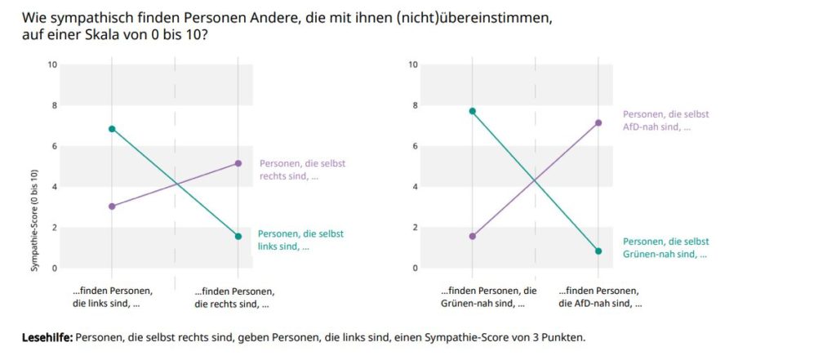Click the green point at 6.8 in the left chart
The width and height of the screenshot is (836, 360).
point(112,129)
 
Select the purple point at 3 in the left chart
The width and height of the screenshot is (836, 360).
point(112,207)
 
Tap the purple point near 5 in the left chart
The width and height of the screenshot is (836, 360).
point(238,163)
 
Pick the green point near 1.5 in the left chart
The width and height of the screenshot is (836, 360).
point(238,237)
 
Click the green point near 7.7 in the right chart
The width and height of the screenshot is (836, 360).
point(472,111)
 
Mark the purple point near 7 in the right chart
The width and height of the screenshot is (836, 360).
point(598,123)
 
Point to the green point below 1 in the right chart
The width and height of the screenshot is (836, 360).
point(598,251)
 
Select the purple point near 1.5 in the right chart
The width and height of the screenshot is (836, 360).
point(472,237)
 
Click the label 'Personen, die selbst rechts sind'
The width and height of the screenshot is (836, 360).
point(292,170)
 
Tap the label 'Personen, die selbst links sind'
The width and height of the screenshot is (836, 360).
point(291,240)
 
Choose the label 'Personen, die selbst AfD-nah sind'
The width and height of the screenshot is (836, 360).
point(665,121)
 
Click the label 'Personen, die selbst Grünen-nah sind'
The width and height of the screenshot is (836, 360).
point(665,248)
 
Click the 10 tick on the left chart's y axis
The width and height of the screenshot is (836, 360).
point(54,64)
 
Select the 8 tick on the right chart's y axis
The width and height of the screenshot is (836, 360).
point(414,105)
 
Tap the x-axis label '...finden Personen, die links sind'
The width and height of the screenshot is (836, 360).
point(112,298)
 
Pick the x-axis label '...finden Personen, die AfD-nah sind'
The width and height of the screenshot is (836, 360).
point(600,298)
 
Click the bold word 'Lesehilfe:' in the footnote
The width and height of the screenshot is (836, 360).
point(47,338)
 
